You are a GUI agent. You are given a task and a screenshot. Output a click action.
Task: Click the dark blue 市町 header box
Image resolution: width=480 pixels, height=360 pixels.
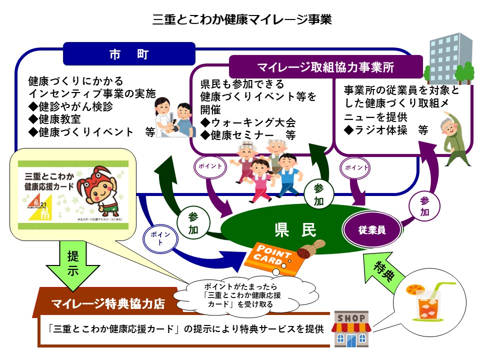pos(129,54)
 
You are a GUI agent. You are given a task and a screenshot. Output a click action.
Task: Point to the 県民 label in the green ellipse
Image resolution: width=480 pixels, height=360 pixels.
pos(295,230)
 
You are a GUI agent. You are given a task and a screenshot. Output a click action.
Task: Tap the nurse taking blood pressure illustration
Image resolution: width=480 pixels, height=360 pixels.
pos(173,117)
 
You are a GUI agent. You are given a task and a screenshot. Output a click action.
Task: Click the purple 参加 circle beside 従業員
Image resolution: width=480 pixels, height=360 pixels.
pos(424,205)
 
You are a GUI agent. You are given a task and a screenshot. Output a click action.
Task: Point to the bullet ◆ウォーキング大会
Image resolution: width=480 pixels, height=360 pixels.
pos(248,122)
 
